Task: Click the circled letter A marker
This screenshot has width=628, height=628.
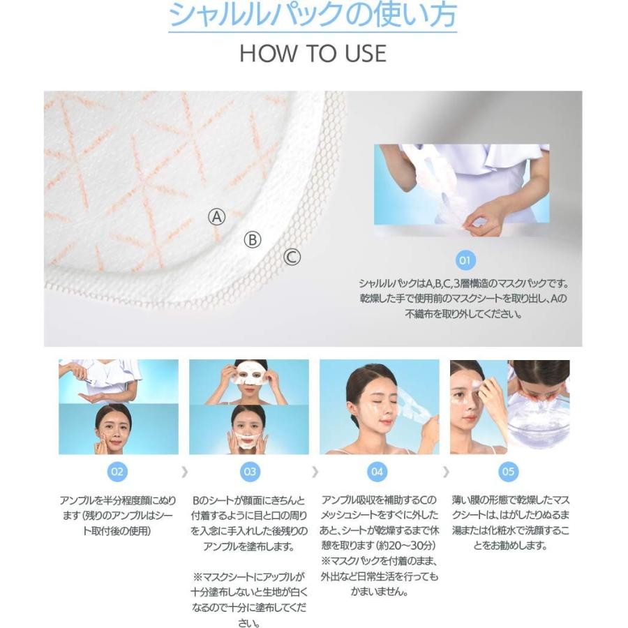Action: tap(217, 217)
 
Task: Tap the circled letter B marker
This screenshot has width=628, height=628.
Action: tap(253, 239)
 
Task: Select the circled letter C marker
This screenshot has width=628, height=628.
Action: tap(292, 257)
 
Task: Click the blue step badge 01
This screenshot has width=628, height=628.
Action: tap(465, 260)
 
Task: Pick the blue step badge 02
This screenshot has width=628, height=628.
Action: tap(117, 472)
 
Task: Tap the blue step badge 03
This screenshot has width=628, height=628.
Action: tap(250, 472)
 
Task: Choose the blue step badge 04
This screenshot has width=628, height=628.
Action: tap(377, 472)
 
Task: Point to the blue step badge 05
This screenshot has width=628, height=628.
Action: tap(508, 472)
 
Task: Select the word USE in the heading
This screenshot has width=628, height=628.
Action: tap(366, 53)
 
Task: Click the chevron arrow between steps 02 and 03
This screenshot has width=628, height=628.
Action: tap(184, 472)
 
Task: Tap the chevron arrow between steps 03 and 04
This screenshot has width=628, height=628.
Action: tap(315, 472)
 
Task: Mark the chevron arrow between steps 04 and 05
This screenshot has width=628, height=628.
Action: tap(446, 472)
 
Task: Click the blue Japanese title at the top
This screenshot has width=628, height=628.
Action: tap(313, 15)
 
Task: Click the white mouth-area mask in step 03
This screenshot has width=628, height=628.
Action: tap(248, 440)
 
